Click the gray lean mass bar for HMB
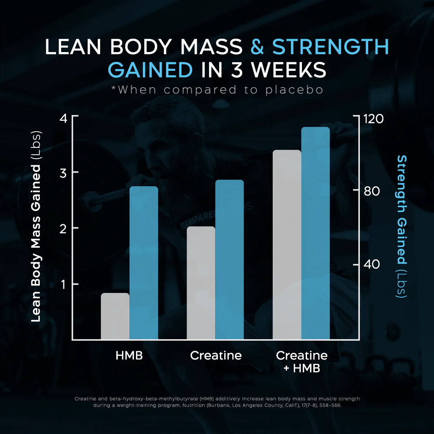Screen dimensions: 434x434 (115, 316)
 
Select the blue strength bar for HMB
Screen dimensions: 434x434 (144, 263)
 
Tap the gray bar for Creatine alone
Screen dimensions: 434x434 (201, 283)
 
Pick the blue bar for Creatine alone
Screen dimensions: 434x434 (229, 259)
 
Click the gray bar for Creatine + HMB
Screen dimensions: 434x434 (286, 244)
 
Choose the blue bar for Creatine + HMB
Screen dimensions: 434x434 (315, 233)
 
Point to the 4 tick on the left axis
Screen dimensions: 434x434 (63, 118)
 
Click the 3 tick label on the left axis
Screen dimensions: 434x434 (63, 173)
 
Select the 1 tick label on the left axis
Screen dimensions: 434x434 (63, 285)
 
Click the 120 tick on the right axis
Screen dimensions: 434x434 (373, 119)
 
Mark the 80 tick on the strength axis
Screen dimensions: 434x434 (372, 191)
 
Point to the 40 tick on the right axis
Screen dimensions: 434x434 (372, 264)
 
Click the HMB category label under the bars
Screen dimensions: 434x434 (129, 355)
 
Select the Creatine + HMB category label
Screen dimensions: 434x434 (302, 361)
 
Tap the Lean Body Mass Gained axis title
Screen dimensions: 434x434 (36, 226)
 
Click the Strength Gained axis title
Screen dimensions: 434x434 (402, 226)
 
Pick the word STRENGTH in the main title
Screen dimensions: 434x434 (330, 47)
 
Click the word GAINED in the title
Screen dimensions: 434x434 (150, 69)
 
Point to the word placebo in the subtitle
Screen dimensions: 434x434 (294, 90)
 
